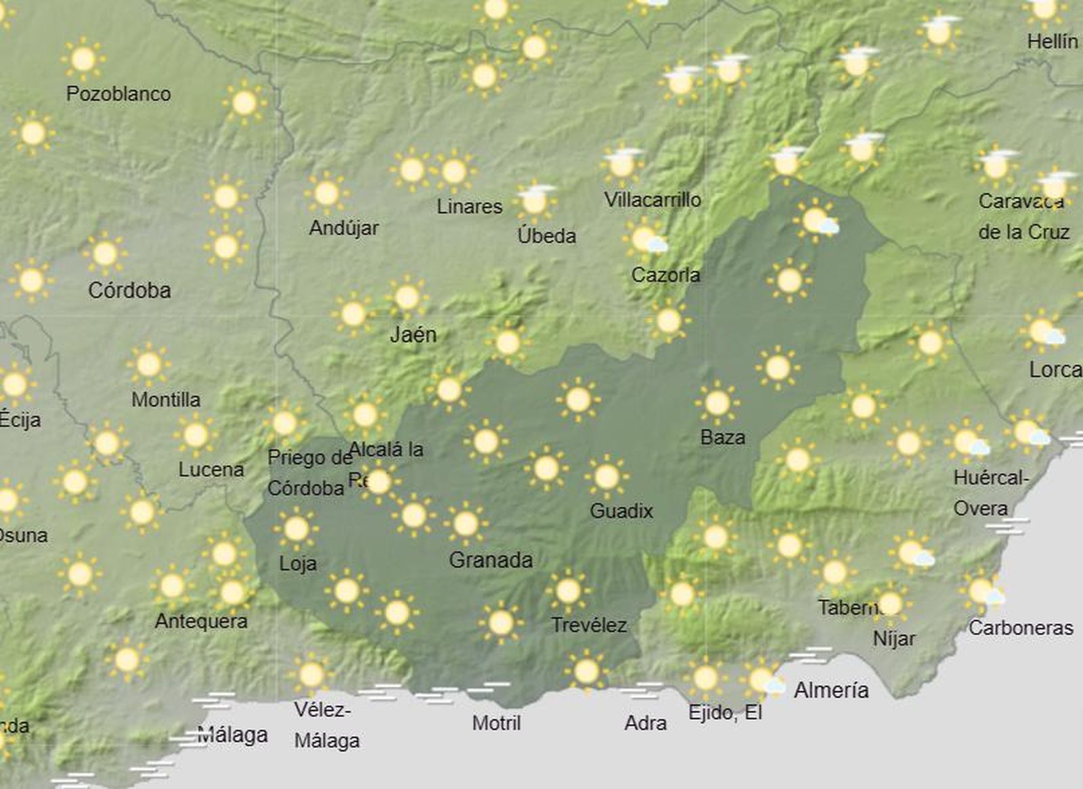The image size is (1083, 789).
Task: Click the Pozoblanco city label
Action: coord(118,93)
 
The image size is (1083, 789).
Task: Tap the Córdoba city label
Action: coord(129,290)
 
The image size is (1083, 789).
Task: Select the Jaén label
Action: coord(413,334)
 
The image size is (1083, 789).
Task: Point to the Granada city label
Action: coord(491,560)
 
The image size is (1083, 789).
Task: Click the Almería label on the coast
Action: coord(831,690)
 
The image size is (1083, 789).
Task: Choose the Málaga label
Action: coord(233,735)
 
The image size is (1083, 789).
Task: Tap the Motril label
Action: coord(496,723)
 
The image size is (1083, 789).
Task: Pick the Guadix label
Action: coord(621,510)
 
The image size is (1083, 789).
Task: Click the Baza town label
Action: coord(723,437)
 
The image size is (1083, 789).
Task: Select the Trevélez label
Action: coord(589,625)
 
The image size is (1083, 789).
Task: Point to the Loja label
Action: coord(298,563)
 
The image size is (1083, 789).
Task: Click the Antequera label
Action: coord(201,621)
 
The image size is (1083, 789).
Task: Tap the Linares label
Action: coord(469,206)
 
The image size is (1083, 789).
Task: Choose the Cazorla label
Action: coord(665,275)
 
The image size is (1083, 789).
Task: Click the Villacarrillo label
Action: coord(653,200)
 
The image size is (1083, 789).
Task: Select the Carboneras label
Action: coord(1021,628)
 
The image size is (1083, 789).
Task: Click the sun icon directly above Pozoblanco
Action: coord(83,60)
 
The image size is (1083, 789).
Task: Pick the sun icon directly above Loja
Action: coord(296,528)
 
